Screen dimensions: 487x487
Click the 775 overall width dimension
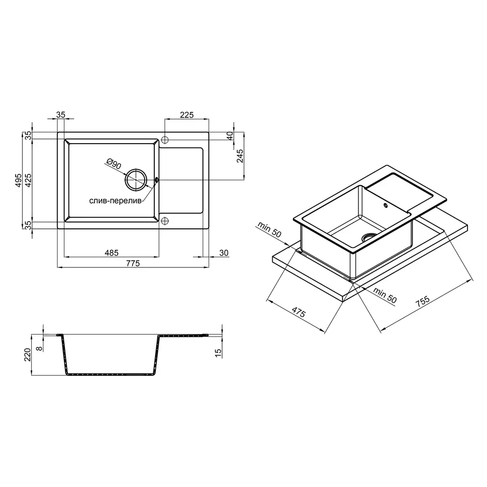tap(133, 263)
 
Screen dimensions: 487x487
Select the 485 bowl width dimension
tap(111, 253)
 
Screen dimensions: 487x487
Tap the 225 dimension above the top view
tap(187, 115)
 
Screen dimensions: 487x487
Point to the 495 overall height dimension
tap(19, 180)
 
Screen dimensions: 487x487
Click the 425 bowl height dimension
tap(28, 180)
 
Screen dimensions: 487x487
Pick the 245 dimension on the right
tap(240, 156)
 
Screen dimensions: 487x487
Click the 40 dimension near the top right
tap(230, 136)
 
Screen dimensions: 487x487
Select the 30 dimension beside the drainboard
tap(224, 253)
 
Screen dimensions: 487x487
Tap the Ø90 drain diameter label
tap(113, 163)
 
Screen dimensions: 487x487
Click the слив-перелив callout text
tap(115, 201)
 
